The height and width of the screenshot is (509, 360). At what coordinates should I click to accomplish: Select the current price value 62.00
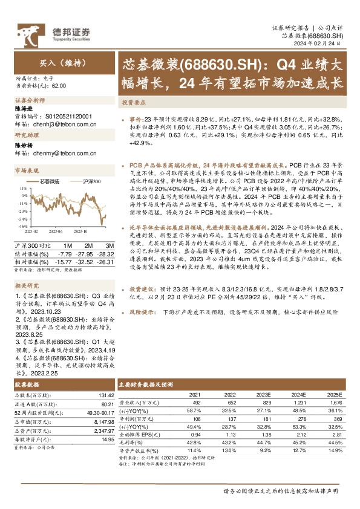coord(59,87)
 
